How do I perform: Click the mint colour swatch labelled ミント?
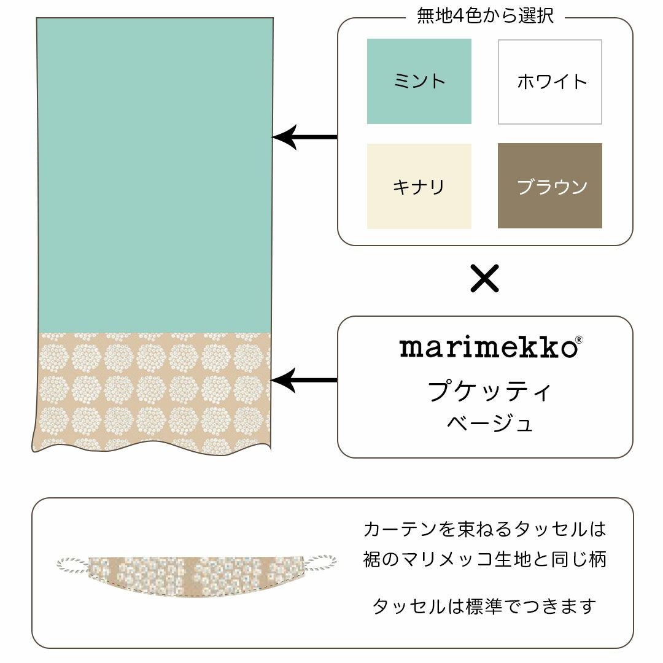[419, 81]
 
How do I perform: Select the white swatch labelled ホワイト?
[549, 82]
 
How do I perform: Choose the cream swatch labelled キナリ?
[419, 186]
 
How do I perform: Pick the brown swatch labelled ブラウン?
[549, 185]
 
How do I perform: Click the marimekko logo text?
[489, 347]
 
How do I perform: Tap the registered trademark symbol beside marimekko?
[579, 339]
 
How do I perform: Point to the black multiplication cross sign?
[484, 278]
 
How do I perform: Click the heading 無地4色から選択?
[485, 15]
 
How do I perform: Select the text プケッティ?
[489, 390]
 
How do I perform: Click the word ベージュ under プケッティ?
[489, 422]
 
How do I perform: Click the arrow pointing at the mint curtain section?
[304, 137]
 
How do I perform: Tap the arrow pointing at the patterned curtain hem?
[304, 380]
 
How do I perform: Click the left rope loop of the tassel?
[73, 565]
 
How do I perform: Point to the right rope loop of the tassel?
[321, 563]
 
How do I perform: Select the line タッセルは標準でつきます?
[484, 607]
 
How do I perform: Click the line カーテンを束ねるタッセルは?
[484, 529]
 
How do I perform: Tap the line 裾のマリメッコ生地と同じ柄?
[484, 559]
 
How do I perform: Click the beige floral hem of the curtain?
[152, 392]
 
